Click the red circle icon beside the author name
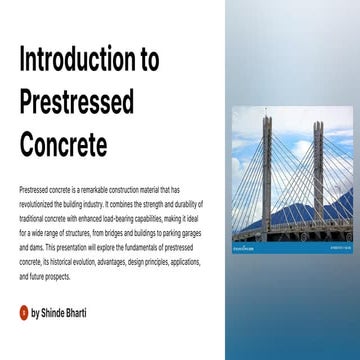pos(24,313)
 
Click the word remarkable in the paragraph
pos(84,188)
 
